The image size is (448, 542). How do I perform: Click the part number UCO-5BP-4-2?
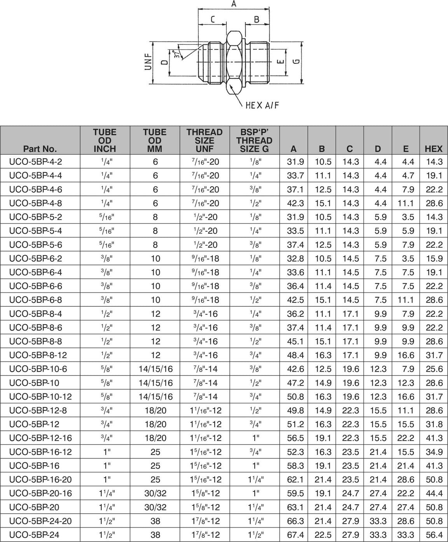point(35,162)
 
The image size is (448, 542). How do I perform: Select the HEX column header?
point(434,149)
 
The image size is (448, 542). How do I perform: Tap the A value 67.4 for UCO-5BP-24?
point(295,535)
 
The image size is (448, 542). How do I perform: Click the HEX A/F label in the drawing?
point(262,105)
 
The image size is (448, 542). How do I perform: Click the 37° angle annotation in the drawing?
point(177,54)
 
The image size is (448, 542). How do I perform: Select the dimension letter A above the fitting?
point(234,4)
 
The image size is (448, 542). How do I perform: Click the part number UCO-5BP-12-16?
point(40,438)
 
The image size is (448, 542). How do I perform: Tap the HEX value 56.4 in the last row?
point(434,535)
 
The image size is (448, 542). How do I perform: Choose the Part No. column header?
point(40,149)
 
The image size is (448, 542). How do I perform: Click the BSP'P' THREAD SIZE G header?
point(254,140)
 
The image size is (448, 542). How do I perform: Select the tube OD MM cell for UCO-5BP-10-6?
point(155,369)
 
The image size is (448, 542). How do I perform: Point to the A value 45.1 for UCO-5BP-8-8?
point(295,341)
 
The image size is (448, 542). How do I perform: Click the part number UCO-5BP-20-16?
point(40,493)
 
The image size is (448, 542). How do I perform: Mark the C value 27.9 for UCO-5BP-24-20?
point(350,521)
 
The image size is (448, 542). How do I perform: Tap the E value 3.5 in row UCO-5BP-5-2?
point(406,217)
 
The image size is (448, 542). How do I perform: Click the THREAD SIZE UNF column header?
point(205,140)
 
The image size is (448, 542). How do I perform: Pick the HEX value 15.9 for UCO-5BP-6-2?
point(434,259)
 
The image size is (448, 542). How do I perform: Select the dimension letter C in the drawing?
point(213,19)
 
